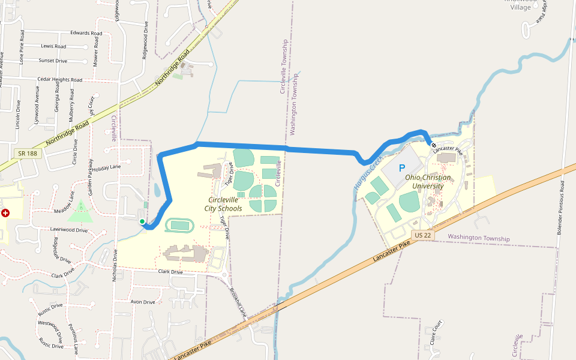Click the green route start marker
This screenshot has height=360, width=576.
tap(142, 222)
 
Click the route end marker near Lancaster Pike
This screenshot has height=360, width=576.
tap(434, 145)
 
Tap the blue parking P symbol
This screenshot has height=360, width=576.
tap(402, 169)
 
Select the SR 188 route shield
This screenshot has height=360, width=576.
tap(28, 154)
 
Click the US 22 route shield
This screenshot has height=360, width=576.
tap(422, 235)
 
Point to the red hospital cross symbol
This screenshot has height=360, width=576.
tap(5, 213)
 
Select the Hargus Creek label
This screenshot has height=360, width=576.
tap(368, 172)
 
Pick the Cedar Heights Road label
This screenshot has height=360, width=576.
tap(59, 79)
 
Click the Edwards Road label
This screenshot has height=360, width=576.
tap(86, 33)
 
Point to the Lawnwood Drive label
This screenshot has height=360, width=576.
tap(69, 230)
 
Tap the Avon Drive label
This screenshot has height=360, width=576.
tap(143, 302)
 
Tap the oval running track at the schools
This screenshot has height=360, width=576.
tap(179, 226)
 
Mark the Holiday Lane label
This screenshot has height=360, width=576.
tap(106, 167)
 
